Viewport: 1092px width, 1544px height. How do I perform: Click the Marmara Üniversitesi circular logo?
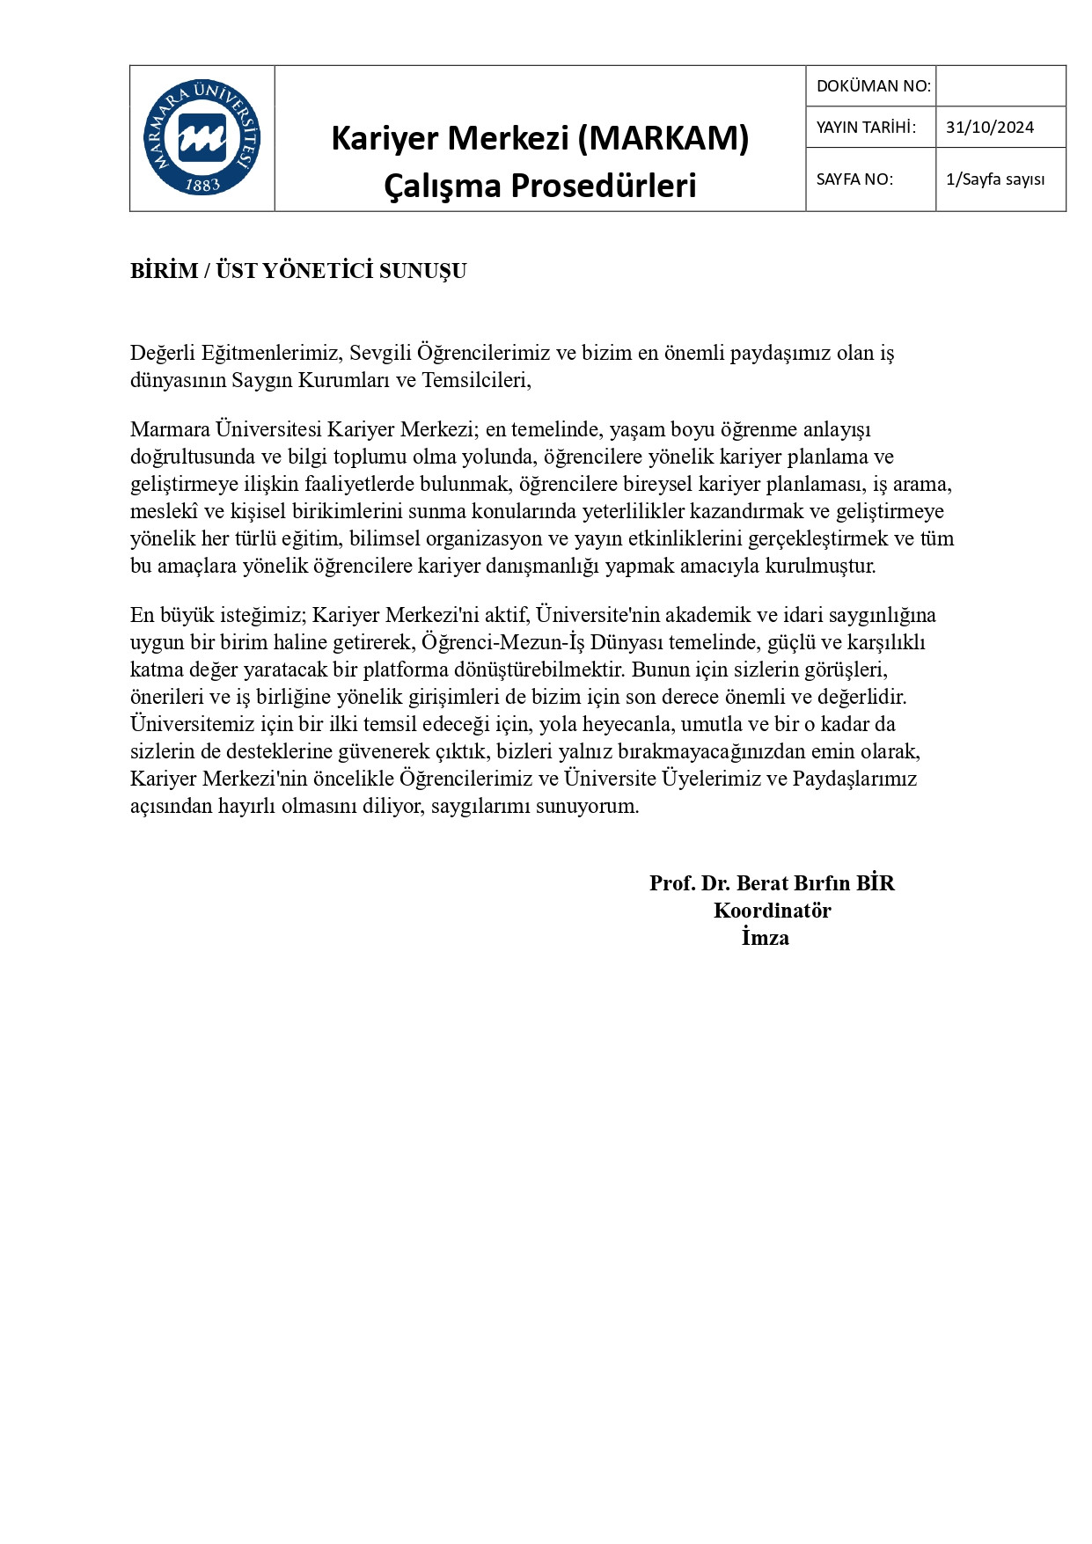click(202, 137)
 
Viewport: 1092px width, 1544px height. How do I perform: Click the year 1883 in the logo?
click(202, 185)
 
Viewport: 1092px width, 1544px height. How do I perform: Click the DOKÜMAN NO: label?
click(873, 86)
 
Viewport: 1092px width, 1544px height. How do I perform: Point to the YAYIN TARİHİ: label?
click(866, 128)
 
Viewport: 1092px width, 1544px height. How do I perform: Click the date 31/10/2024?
click(990, 128)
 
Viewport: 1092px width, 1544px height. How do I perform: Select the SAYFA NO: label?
click(854, 179)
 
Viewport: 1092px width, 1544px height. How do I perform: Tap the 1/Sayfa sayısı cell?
click(995, 179)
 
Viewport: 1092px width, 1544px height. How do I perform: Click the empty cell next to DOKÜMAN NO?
click(1000, 86)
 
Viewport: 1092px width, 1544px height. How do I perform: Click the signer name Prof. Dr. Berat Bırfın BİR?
click(772, 883)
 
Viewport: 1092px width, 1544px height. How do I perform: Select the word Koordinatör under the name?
click(772, 911)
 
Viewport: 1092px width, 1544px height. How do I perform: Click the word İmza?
click(765, 938)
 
